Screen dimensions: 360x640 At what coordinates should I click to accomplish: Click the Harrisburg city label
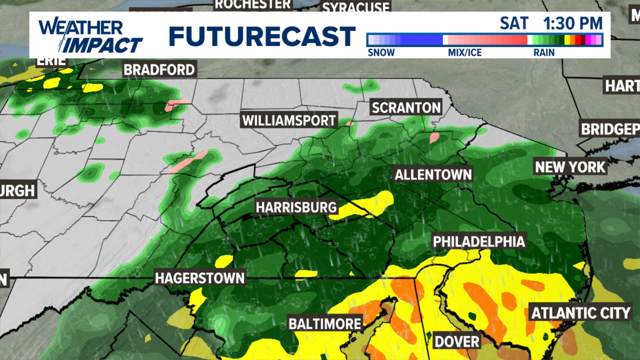click(x=296, y=207)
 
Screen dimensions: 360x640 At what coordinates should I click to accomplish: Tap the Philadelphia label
click(x=479, y=242)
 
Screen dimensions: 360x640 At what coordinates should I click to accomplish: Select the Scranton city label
click(x=406, y=108)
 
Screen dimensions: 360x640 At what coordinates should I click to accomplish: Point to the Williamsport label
click(x=289, y=120)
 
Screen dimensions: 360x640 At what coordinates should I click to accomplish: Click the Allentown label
click(x=433, y=174)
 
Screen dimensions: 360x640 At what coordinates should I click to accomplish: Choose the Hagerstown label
click(x=200, y=278)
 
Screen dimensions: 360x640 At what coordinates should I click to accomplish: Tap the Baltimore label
click(x=325, y=324)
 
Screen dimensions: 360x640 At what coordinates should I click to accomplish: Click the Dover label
click(x=457, y=342)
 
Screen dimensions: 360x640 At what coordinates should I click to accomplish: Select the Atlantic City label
click(x=581, y=313)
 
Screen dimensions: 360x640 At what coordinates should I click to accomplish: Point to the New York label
click(x=570, y=167)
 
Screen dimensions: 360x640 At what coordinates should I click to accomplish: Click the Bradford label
click(x=159, y=70)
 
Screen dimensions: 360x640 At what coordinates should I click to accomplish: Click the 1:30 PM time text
click(x=573, y=23)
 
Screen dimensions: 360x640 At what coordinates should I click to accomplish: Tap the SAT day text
click(x=514, y=23)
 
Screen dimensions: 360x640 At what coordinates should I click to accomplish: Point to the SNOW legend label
click(x=381, y=53)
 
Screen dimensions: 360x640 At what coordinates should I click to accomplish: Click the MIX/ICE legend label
click(x=465, y=53)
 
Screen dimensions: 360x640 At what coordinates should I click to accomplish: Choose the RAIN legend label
click(x=544, y=53)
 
